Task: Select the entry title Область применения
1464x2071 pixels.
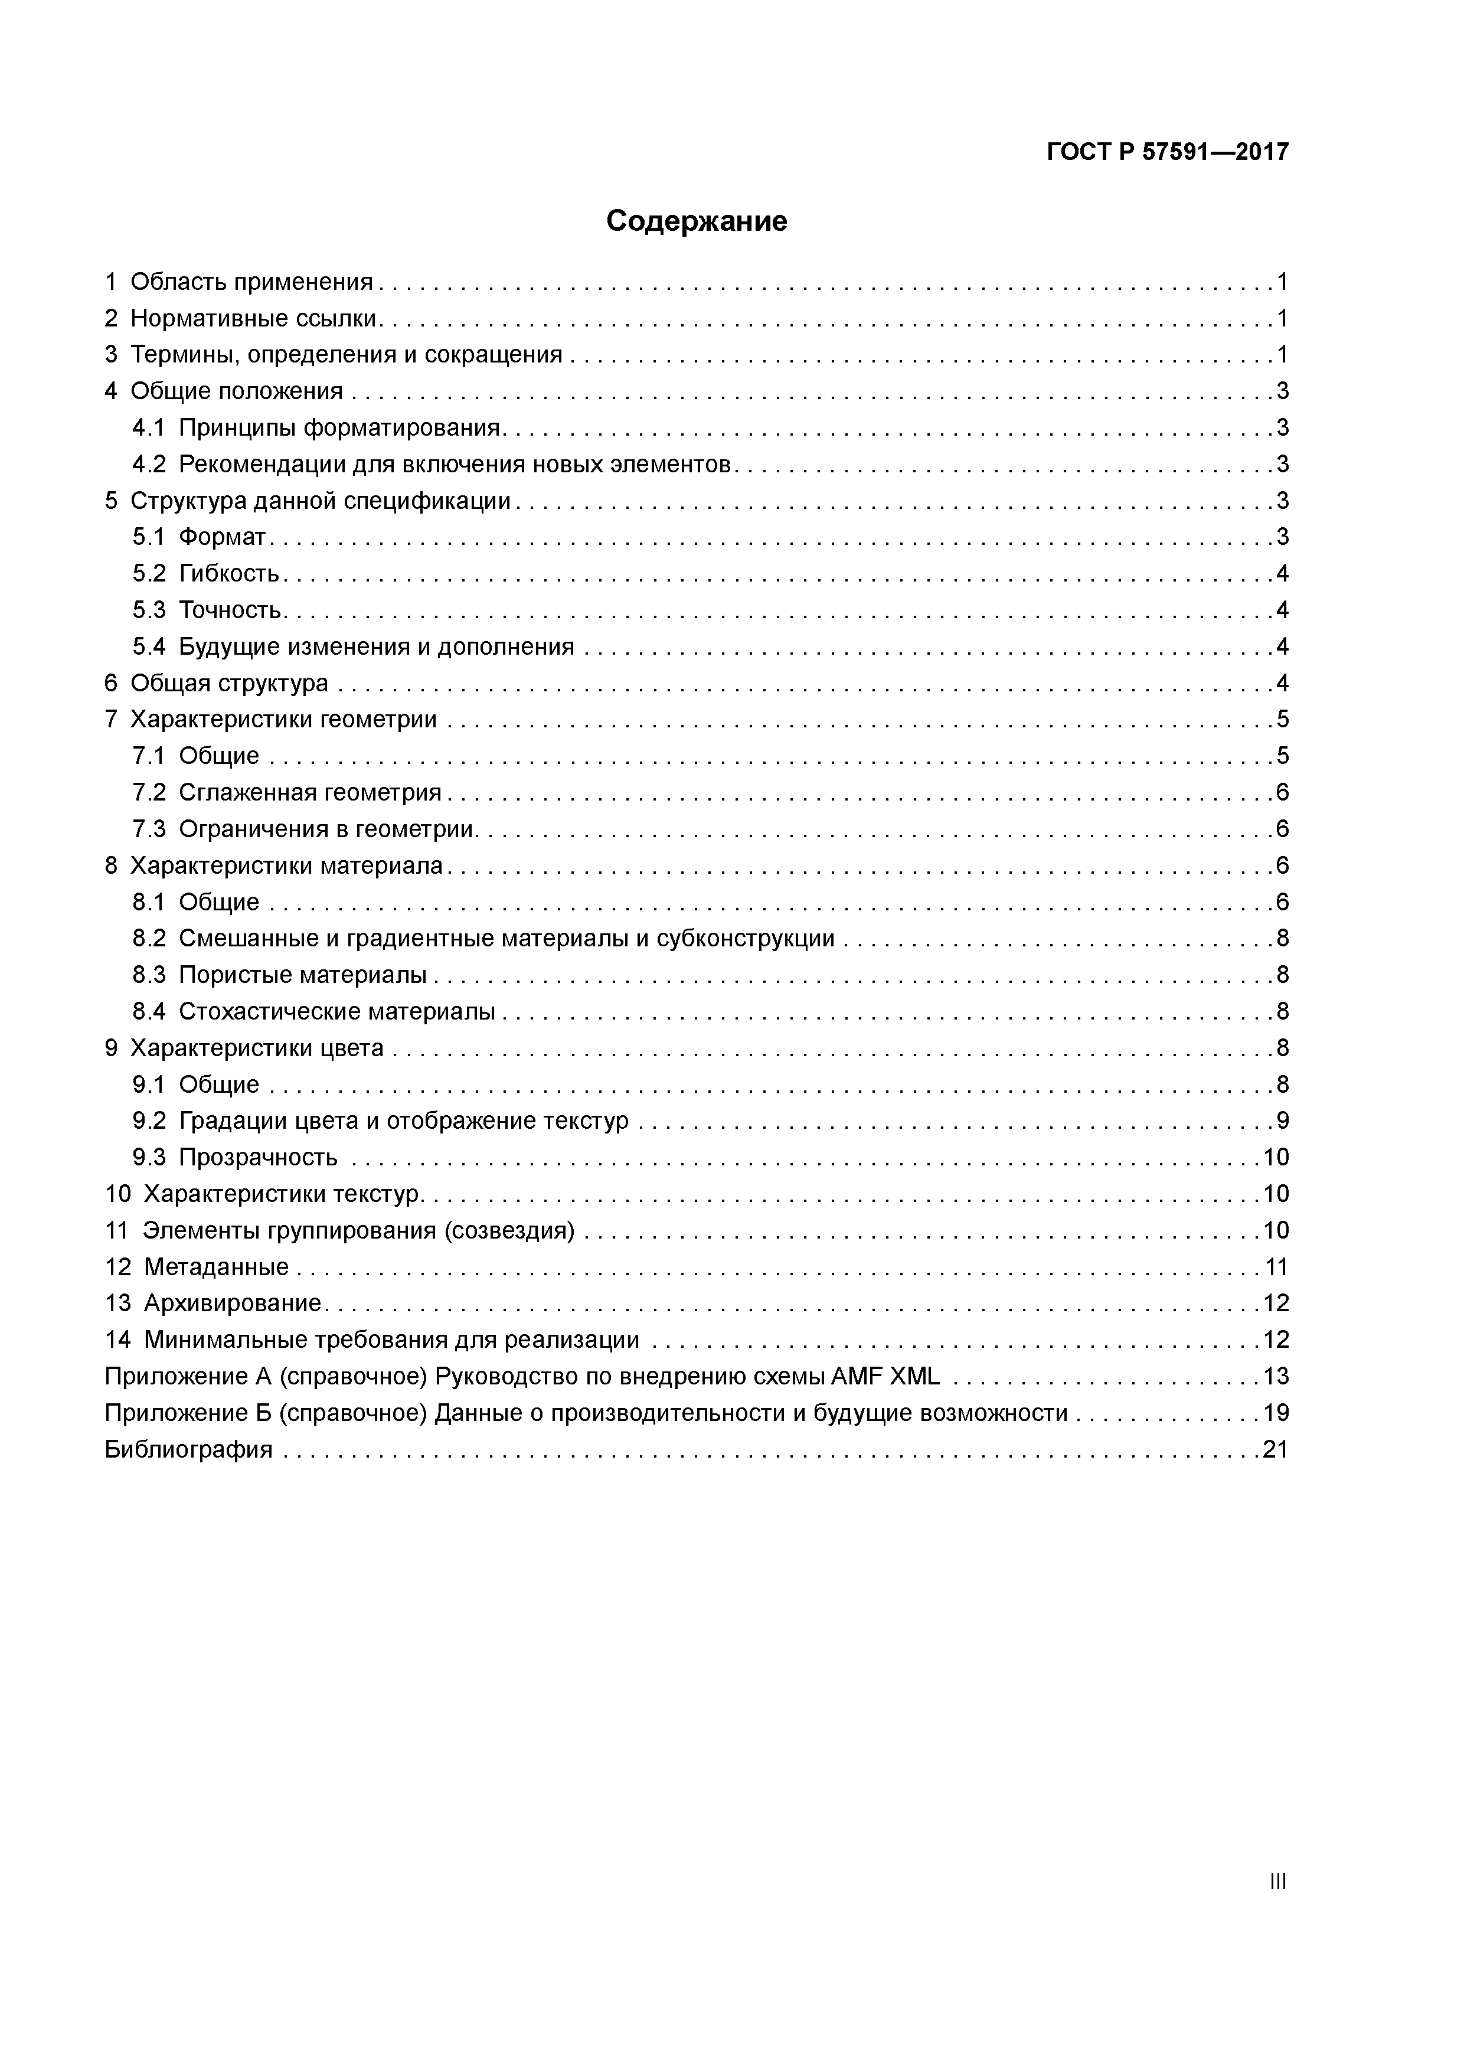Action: (251, 282)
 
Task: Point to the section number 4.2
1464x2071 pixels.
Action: (149, 465)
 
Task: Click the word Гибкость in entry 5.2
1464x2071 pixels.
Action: (229, 574)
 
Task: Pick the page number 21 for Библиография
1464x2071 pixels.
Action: (1276, 1449)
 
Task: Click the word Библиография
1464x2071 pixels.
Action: (188, 1449)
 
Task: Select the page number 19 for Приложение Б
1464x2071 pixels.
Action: (1276, 1413)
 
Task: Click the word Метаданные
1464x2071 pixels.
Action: (217, 1268)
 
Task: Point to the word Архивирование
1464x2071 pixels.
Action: (233, 1304)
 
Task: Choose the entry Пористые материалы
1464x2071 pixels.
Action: (303, 975)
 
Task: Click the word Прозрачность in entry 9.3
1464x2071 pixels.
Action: (258, 1157)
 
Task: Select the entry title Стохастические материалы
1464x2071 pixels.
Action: (336, 1012)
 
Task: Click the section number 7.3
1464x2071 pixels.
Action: (149, 829)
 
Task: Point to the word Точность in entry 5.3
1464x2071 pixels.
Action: (231, 610)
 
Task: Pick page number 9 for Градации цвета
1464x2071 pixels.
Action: (1282, 1121)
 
